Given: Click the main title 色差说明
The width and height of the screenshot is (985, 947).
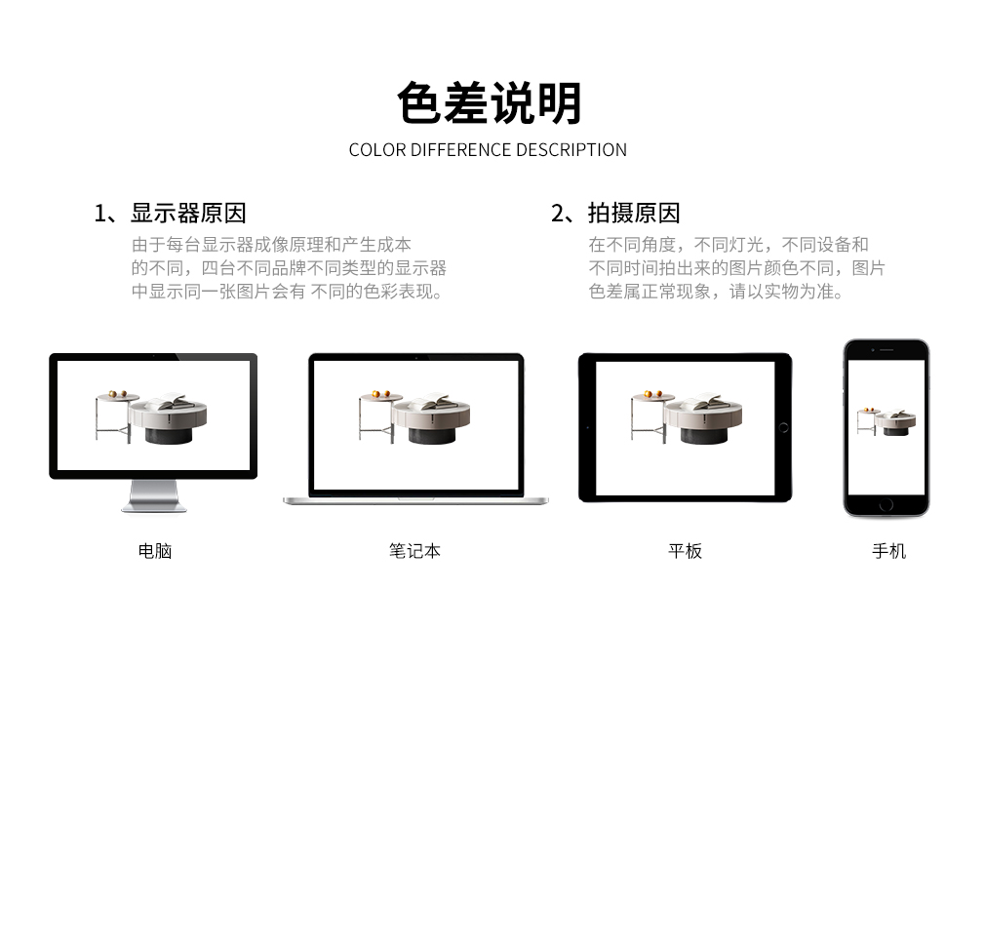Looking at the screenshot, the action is [489, 102].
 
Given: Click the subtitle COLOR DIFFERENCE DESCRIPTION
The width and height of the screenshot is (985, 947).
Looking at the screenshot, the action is [488, 150].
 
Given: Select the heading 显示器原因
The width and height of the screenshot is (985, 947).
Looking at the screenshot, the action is [188, 214].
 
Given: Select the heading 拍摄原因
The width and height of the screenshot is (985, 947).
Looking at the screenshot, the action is [634, 214].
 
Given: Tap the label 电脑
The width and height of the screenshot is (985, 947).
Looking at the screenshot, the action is [154, 551].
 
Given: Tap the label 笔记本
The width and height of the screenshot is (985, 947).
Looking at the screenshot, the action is [414, 551].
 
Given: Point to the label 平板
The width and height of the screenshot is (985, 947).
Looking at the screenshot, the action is [685, 551].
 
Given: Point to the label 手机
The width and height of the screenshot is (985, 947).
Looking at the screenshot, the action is [888, 551].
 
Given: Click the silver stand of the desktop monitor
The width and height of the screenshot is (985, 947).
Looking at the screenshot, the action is [154, 495].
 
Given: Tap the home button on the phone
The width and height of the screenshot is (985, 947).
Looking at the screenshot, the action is [886, 504].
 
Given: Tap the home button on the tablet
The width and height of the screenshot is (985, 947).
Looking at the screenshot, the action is [783, 428].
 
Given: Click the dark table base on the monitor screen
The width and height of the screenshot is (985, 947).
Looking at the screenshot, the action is [169, 435].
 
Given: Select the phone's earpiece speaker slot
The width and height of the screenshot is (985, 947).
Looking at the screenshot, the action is [886, 349].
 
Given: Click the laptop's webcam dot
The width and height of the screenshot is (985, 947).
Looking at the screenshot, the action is [415, 358].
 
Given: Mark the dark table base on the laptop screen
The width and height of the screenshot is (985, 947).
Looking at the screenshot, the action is [432, 435].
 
